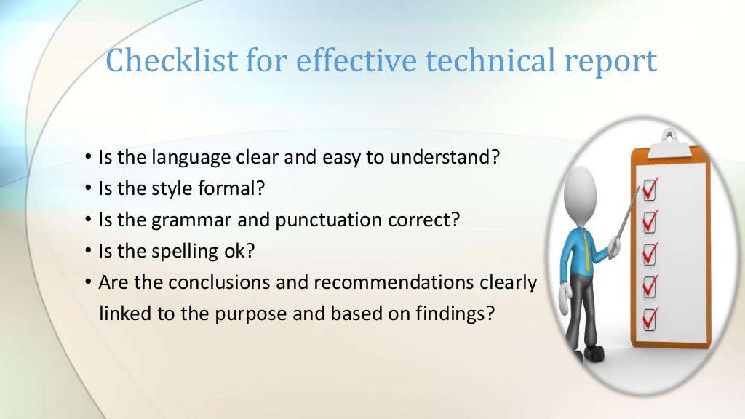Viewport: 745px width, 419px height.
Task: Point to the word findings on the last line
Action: pyautogui.click(x=444, y=314)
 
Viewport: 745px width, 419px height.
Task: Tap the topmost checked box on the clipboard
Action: pyautogui.click(x=650, y=191)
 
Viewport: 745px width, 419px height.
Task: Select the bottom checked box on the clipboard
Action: pyautogui.click(x=650, y=318)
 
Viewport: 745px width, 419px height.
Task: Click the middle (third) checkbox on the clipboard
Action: pyautogui.click(x=650, y=254)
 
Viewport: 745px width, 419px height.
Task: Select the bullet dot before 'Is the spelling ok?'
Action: pyautogui.click(x=87, y=251)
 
